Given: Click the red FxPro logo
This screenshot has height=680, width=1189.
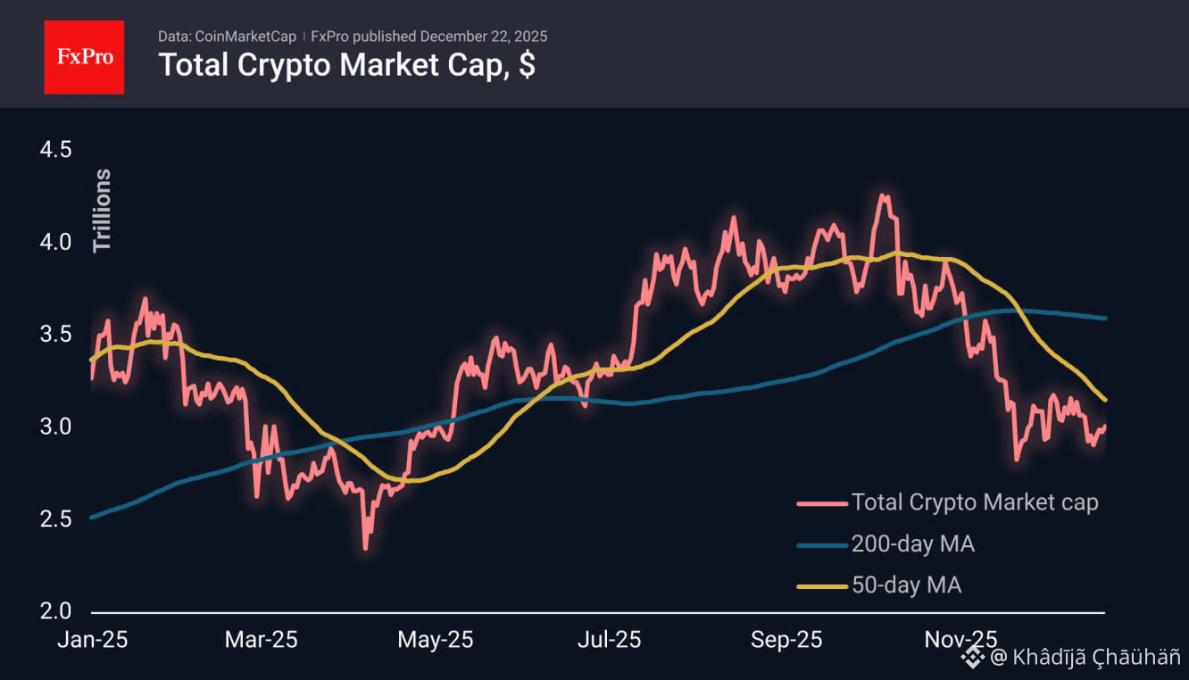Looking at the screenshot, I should click(84, 56).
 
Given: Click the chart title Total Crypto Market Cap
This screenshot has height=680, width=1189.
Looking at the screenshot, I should click(346, 65).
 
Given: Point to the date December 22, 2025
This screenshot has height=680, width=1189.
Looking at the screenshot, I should click(484, 37).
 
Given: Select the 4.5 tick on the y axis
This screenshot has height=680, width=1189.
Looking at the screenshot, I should click(55, 149).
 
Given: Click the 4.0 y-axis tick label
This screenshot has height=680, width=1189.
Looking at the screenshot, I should click(55, 242).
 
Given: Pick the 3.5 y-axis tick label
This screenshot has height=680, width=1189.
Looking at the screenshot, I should click(55, 335).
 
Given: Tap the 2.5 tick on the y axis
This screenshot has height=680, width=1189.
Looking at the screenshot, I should click(55, 518).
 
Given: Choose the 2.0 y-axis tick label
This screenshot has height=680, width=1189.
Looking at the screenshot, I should click(55, 611).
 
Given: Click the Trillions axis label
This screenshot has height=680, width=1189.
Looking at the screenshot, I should click(103, 210).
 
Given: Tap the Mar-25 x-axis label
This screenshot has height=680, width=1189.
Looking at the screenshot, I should click(261, 640).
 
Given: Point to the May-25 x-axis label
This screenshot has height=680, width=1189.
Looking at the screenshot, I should click(435, 640).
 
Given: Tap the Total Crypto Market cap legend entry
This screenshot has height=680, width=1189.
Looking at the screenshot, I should click(974, 502).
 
